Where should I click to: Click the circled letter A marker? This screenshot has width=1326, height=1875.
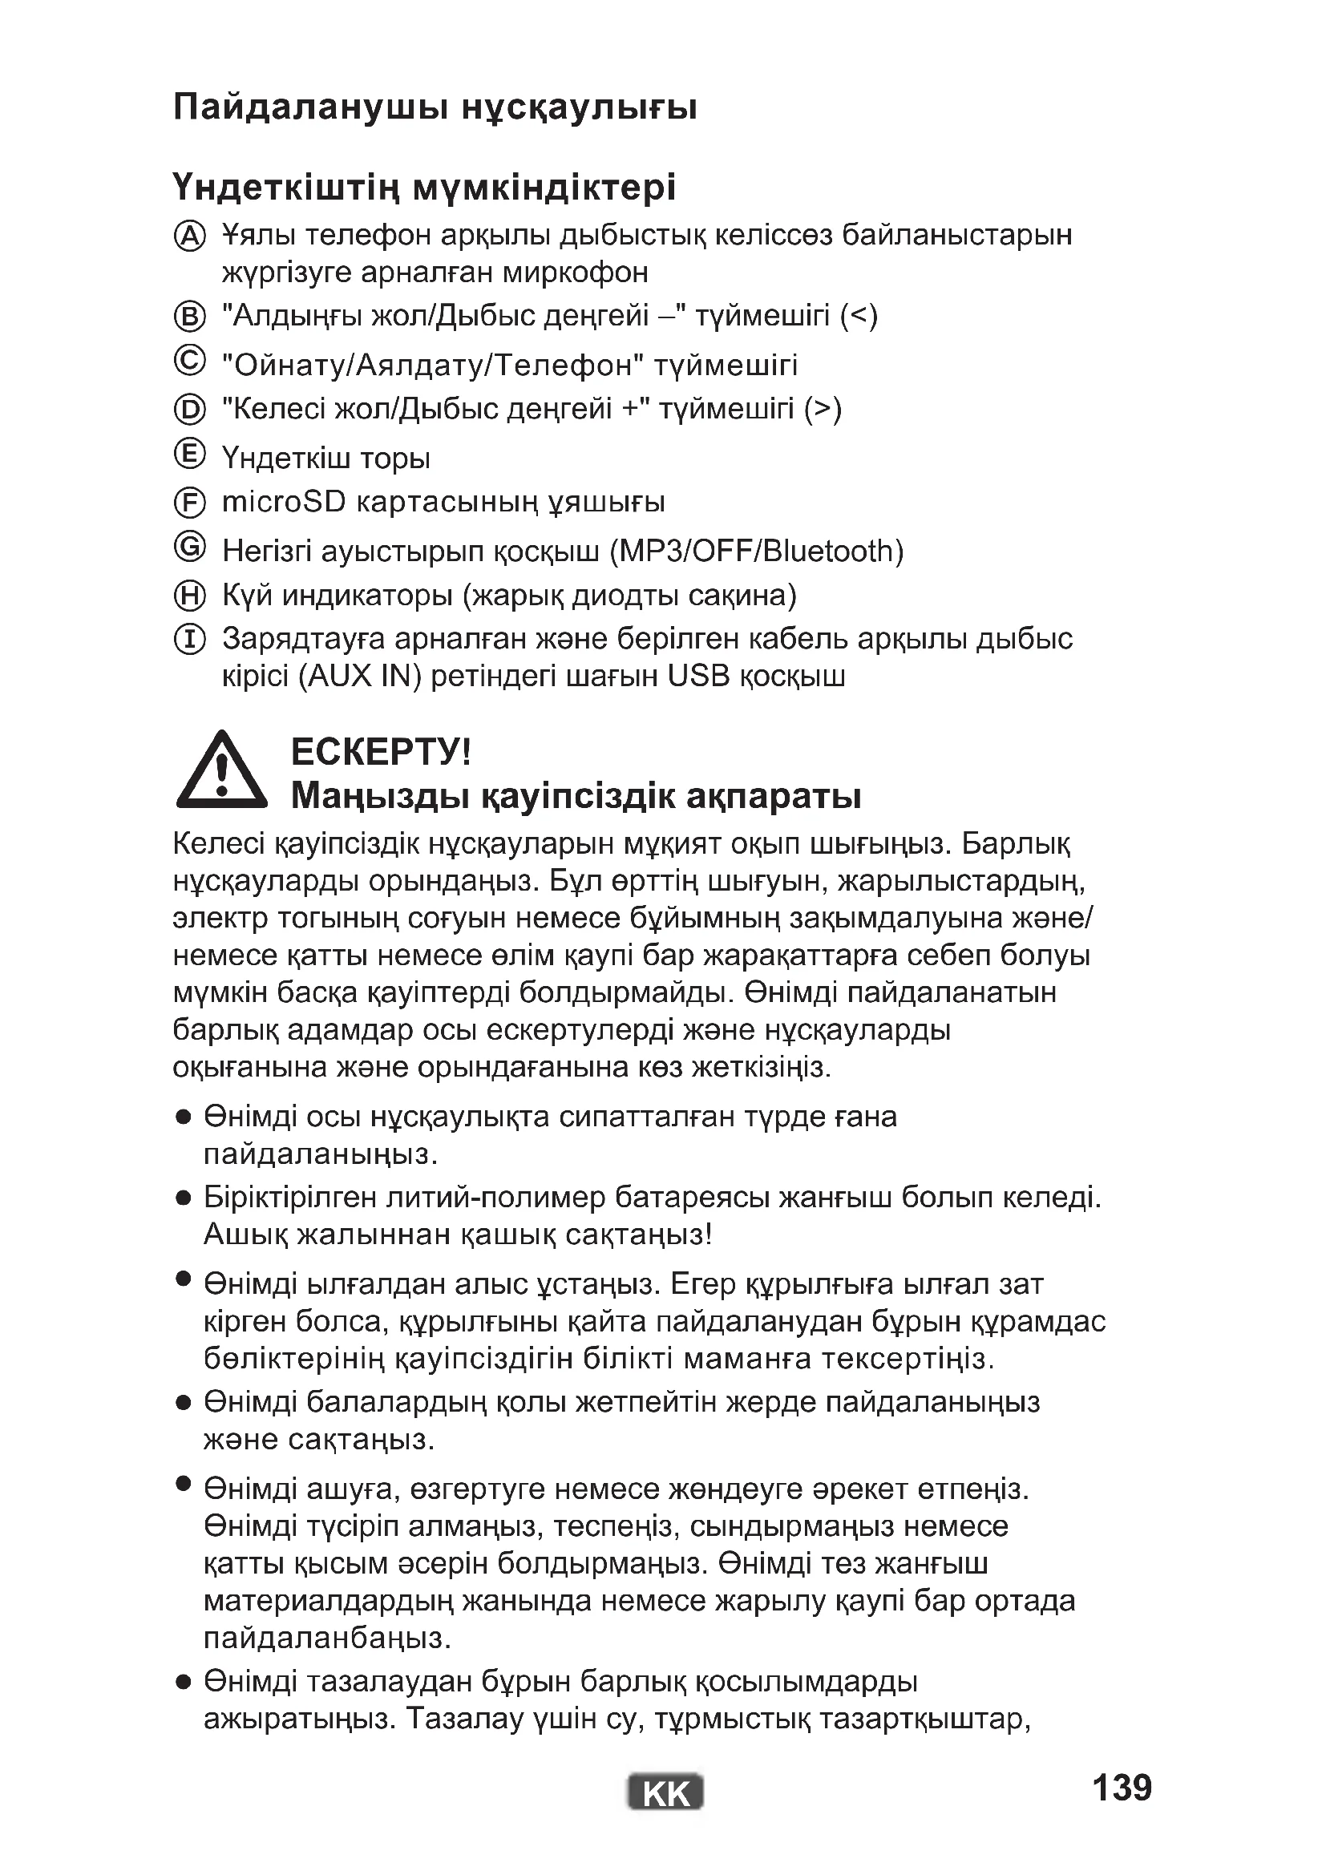point(189,236)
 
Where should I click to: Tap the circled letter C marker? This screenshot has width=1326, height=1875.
point(189,360)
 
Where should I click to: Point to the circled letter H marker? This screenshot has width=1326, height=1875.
point(189,596)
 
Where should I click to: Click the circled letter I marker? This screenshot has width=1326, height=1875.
point(189,640)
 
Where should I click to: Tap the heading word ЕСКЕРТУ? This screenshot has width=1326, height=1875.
point(381,751)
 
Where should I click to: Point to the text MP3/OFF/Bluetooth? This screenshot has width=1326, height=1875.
point(757,552)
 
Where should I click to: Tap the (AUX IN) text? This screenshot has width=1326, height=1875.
point(359,677)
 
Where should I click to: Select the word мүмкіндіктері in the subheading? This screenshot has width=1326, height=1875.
point(544,188)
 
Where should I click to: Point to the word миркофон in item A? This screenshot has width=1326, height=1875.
point(575,272)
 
